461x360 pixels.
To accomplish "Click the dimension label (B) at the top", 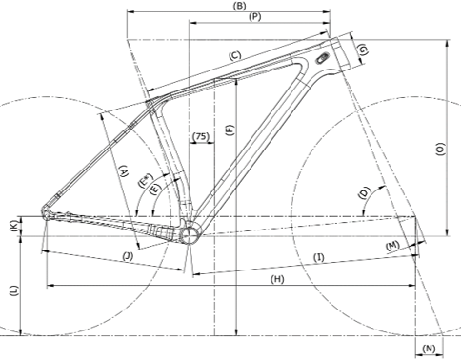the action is tap(239, 6).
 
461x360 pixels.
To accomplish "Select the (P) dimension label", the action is tap(254, 17).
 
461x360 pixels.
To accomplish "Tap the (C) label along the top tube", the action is tap(235, 56).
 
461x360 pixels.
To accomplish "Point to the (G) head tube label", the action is tap(363, 50).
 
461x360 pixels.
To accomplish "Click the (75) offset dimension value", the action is tap(201, 136).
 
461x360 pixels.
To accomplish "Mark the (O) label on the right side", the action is tap(441, 149).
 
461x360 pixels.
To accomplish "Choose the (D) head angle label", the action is tap(365, 192).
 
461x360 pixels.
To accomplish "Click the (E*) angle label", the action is tap(146, 180).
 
